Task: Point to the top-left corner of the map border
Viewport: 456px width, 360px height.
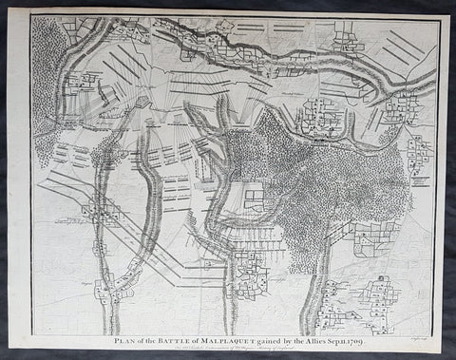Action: (30, 15)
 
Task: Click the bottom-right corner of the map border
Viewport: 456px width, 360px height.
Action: (439, 326)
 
